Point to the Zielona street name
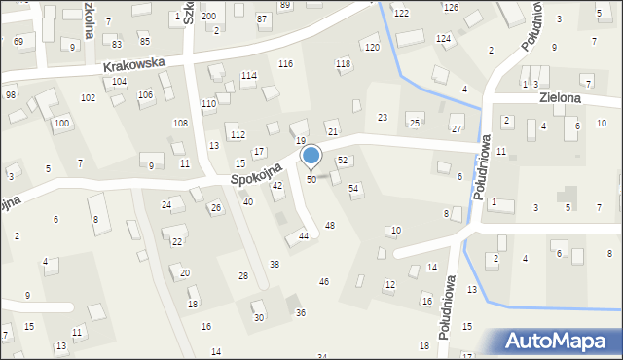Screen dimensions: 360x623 point(558,98)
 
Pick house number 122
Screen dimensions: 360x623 point(401,13)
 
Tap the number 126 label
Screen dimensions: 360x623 point(451,8)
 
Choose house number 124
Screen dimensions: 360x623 point(443,38)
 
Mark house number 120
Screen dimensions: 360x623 point(371,48)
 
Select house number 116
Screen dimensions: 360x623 point(285,63)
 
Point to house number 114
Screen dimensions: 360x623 point(248,76)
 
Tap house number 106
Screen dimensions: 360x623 point(145,94)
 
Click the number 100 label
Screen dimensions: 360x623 point(61,124)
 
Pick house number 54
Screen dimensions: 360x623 point(353,187)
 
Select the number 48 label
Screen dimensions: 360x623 point(330,225)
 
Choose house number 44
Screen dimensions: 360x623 point(304,235)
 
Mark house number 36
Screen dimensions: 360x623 point(301,312)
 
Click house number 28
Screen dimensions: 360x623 point(242,276)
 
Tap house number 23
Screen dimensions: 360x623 point(383,117)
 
